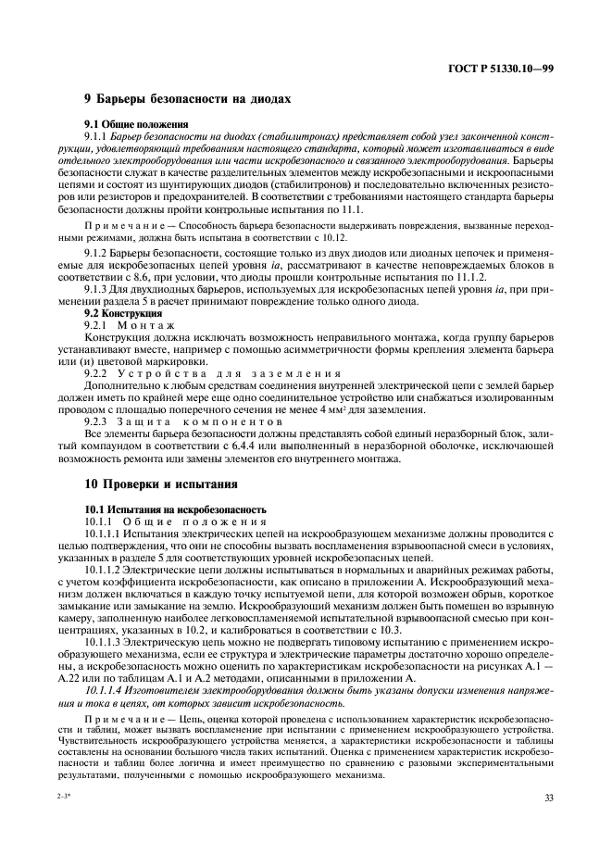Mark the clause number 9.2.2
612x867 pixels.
97,373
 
